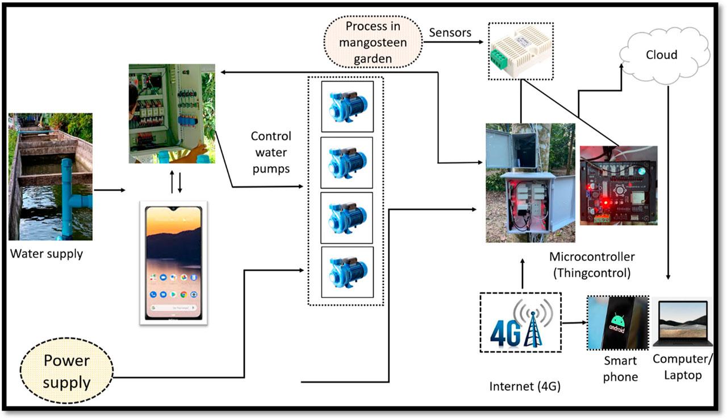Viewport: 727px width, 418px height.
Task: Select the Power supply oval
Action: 66,372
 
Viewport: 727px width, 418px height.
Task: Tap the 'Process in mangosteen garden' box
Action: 373,42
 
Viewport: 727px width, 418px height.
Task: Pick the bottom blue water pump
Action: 346,272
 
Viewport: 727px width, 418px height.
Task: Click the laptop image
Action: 680,324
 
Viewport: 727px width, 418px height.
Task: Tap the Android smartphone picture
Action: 617,323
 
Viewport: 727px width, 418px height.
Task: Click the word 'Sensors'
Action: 450,33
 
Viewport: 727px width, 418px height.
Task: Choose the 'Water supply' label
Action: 47,254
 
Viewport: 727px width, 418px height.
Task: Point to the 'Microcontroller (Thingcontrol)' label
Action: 592,264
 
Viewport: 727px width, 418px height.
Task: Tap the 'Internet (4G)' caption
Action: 525,387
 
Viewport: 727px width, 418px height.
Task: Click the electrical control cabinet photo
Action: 172,114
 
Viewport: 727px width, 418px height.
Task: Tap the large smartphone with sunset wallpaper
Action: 173,262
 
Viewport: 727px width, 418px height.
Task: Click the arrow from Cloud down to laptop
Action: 668,182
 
